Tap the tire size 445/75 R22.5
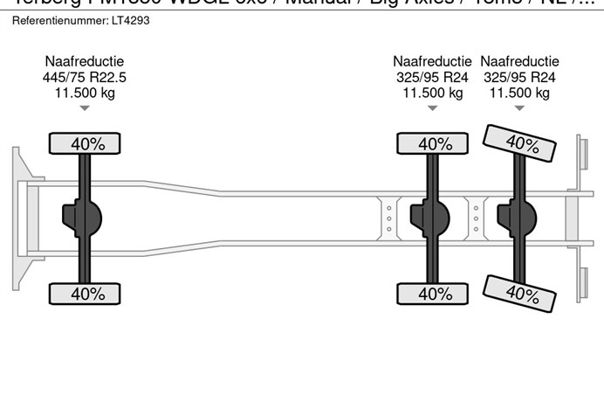pos(85,77)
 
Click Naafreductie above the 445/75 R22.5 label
pos(85,61)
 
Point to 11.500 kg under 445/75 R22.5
pos(85,93)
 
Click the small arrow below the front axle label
pos(85,108)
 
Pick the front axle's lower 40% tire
pos(85,294)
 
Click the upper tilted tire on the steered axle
pos(520,143)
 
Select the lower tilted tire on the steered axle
pos(520,291)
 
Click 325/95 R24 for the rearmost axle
pos(519,77)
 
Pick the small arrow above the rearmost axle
pos(519,108)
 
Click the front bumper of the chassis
pos(17,218)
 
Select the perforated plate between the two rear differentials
pos(476,218)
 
